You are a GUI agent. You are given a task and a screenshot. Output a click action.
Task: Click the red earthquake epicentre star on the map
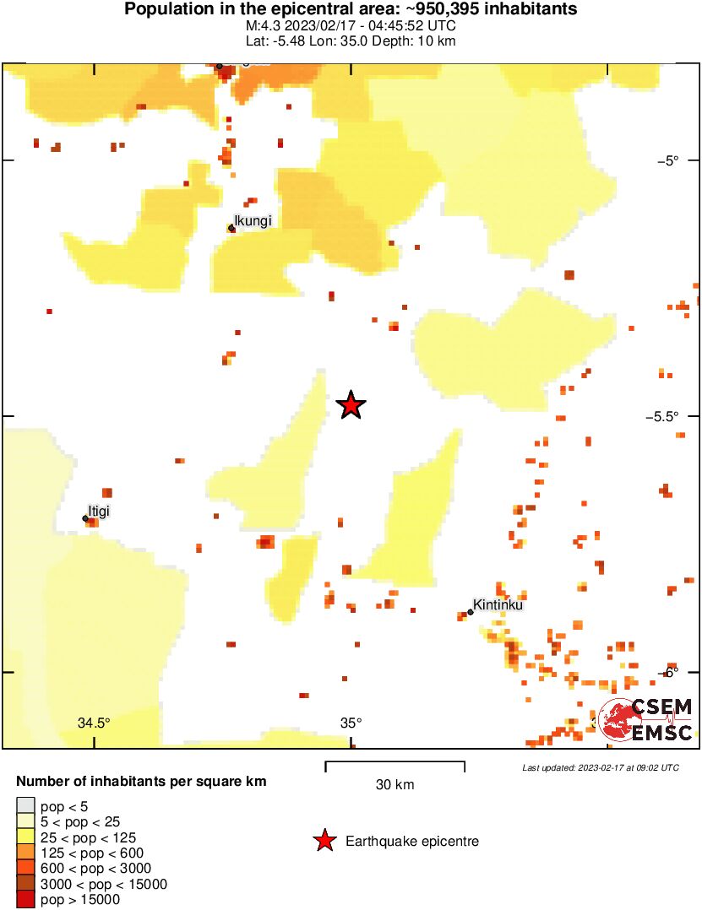click(x=351, y=405)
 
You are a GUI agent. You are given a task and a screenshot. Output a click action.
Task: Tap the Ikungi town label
click(x=253, y=221)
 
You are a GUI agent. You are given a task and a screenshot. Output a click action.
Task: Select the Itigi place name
click(x=99, y=510)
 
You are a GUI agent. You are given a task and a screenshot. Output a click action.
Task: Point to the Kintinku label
click(x=498, y=604)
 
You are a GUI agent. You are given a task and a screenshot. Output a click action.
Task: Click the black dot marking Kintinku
click(x=471, y=613)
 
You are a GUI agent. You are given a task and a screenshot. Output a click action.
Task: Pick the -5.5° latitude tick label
click(x=676, y=416)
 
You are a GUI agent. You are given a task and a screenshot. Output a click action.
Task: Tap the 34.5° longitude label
click(x=94, y=723)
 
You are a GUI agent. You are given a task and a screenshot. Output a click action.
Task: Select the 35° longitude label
click(x=351, y=723)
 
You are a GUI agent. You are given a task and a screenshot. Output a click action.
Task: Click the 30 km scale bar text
click(x=395, y=785)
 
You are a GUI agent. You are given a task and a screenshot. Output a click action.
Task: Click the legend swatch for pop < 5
click(x=25, y=806)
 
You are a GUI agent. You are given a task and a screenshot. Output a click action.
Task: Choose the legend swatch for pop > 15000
click(x=25, y=900)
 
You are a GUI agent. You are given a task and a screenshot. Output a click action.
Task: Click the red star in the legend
click(x=324, y=841)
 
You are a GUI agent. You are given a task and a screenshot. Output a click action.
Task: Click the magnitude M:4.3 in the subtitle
click(x=263, y=26)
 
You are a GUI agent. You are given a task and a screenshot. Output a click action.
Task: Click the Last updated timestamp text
click(x=600, y=767)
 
